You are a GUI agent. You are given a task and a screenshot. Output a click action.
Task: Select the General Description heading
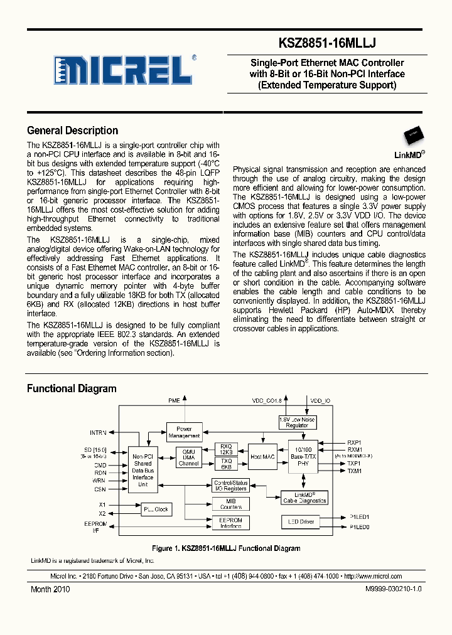point(73,131)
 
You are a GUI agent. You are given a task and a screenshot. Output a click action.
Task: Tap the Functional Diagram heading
point(72,389)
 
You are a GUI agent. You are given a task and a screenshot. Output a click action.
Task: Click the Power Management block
point(185,432)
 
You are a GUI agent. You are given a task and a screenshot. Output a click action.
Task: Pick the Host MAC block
point(262,456)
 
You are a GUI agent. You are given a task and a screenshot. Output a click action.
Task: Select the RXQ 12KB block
point(226,449)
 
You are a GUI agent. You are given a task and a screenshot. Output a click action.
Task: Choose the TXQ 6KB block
point(226,464)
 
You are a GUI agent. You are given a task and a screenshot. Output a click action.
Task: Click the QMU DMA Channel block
point(189,457)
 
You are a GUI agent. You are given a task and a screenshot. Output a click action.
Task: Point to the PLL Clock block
point(156,509)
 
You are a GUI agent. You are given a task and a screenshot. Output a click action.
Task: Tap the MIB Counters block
point(230,504)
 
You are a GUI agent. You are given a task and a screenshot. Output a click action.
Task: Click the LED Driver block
point(300,521)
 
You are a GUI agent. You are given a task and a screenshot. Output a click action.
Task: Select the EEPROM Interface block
point(230,523)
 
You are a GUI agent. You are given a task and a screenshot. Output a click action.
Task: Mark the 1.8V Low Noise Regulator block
point(297,422)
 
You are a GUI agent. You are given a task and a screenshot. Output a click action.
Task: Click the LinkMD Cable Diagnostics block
point(304,498)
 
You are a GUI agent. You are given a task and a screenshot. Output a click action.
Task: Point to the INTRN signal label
point(98,432)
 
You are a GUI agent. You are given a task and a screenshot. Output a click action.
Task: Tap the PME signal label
point(174,400)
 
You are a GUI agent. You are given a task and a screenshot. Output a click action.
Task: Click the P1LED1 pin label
point(359,517)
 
